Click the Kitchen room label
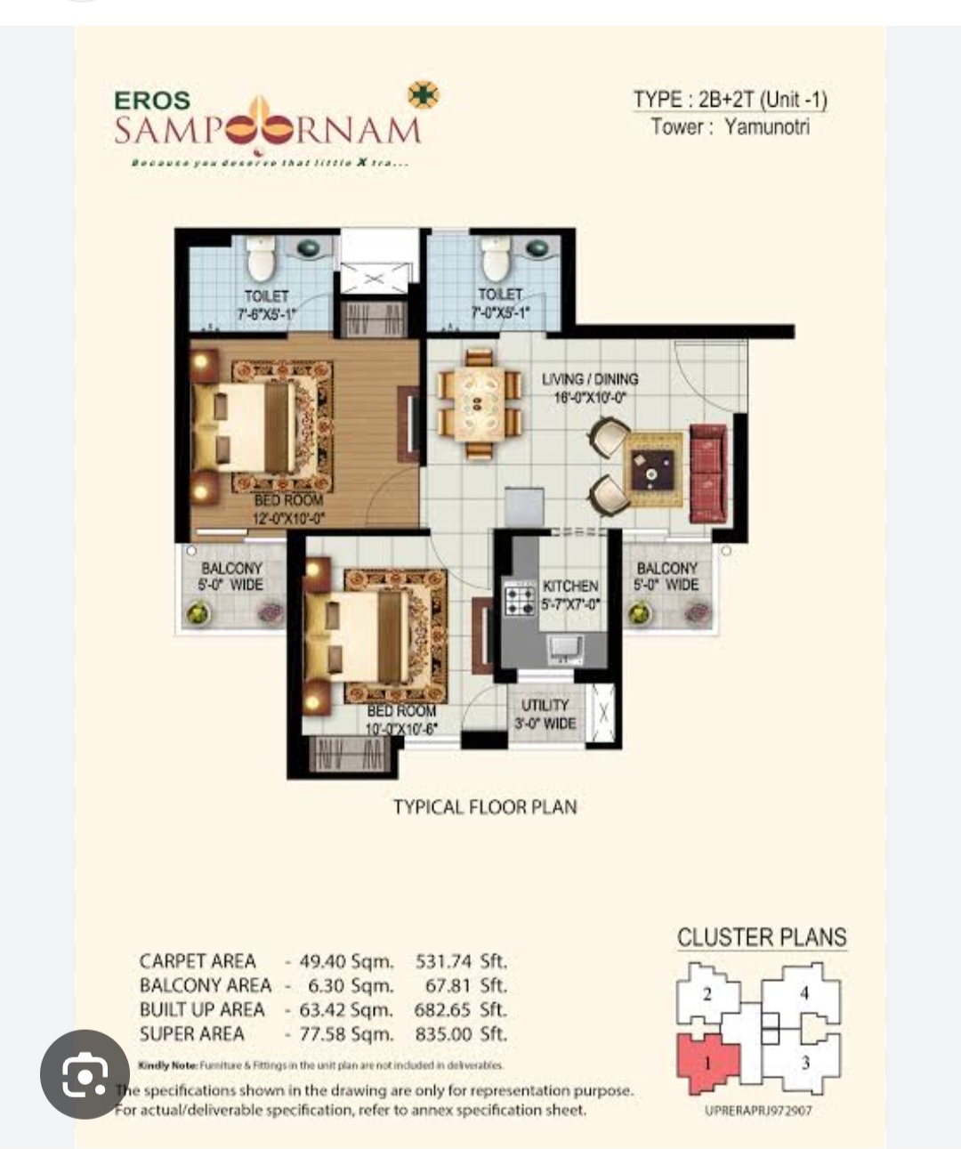[x=570, y=587]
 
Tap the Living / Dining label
[x=590, y=379]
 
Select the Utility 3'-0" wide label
[x=545, y=714]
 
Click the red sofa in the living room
[x=708, y=473]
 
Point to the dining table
[x=479, y=402]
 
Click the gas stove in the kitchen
[x=519, y=597]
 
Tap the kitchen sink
[x=565, y=647]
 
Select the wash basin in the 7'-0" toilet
[x=539, y=248]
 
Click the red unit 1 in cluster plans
[x=707, y=1062]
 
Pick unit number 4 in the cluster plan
[x=804, y=993]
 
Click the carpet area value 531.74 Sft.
[x=461, y=962]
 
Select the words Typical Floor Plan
[x=485, y=807]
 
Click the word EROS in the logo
[x=152, y=101]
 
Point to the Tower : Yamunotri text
[x=731, y=126]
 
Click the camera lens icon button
[x=85, y=1074]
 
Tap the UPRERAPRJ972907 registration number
[x=758, y=1110]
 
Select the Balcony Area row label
[x=205, y=986]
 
